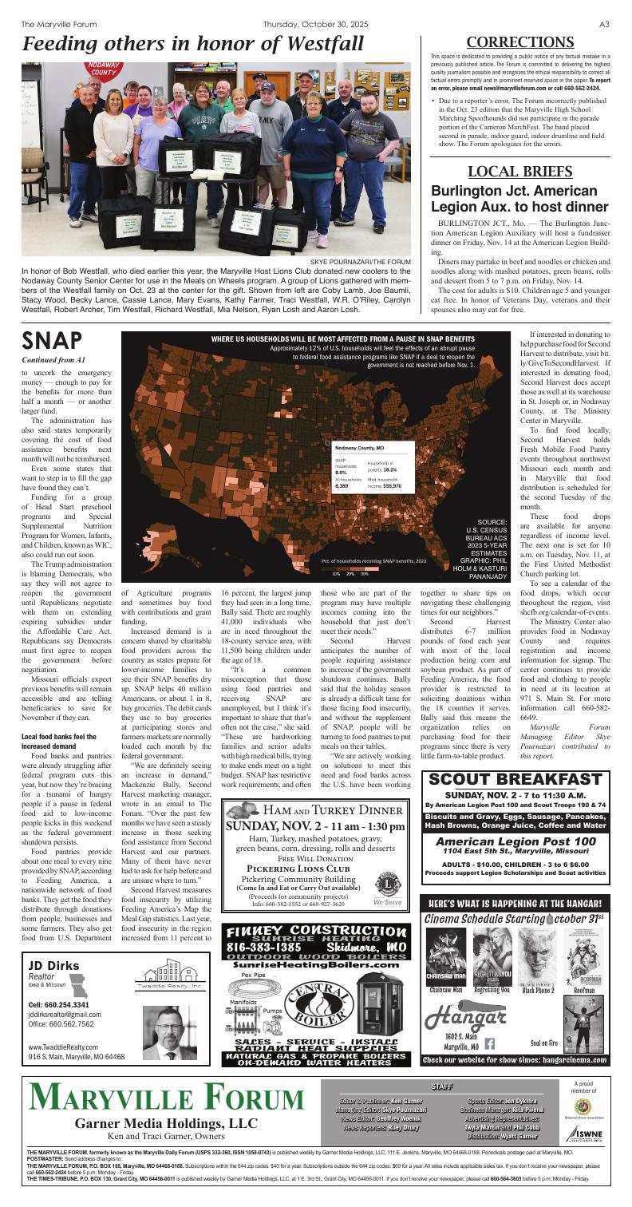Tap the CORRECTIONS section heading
click(519, 42)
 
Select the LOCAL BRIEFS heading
click(519, 172)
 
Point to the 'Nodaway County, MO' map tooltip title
click(359, 449)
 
